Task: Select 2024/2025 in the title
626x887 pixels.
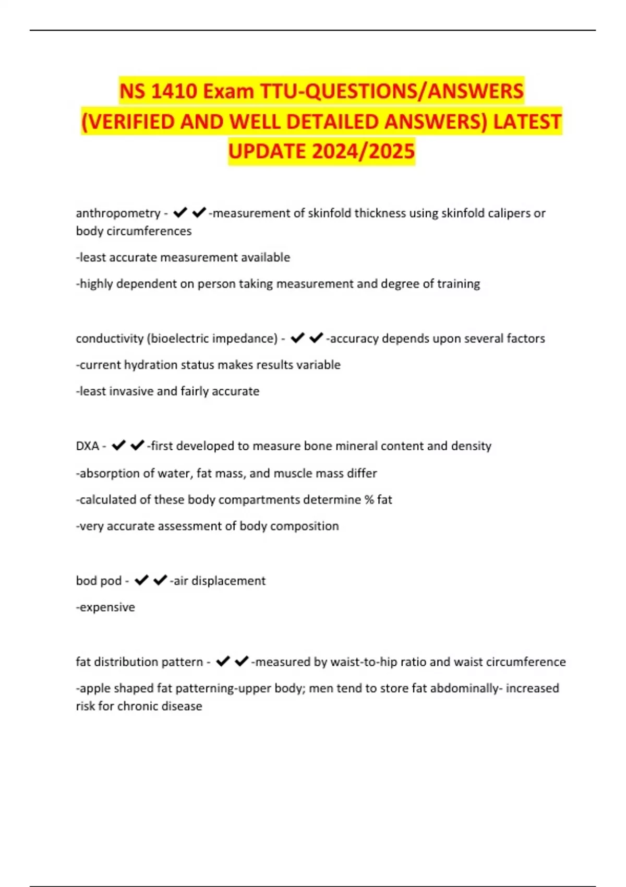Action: click(364, 151)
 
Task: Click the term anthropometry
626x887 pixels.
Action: click(118, 213)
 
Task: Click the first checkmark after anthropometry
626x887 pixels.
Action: click(180, 212)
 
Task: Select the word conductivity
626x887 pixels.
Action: click(109, 339)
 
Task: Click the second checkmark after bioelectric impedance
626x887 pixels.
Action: click(316, 338)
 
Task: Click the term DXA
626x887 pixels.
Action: click(87, 446)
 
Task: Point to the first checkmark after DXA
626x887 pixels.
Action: click(119, 446)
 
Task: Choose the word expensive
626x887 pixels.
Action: click(107, 607)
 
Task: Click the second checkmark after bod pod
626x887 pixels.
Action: click(160, 580)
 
